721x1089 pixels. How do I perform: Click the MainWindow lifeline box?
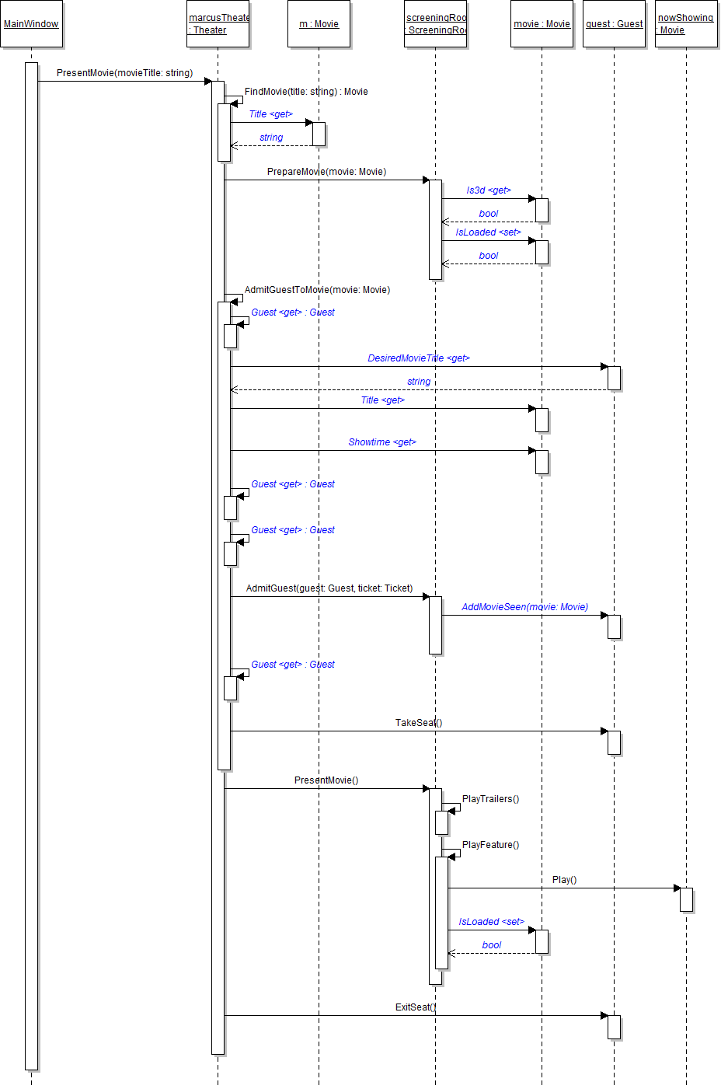coord(31,24)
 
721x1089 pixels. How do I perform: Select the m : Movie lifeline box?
coord(319,24)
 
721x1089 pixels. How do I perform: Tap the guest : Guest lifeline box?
coord(614,24)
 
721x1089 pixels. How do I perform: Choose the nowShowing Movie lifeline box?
coord(686,24)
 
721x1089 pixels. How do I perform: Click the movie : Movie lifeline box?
coord(542,24)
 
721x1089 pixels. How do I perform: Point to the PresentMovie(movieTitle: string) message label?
coord(124,73)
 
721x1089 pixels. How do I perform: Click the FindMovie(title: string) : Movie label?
coord(306,92)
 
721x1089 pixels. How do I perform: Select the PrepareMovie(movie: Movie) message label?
coord(326,172)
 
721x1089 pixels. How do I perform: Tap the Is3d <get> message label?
coord(489,190)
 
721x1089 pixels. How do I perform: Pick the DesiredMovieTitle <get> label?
coord(419,358)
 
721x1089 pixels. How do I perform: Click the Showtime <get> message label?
coord(382,442)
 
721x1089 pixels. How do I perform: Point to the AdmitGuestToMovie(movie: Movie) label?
coord(317,290)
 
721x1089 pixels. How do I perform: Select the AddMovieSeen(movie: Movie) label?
coord(524,607)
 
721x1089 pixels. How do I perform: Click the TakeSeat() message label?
coord(419,723)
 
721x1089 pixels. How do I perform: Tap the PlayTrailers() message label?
coord(490,799)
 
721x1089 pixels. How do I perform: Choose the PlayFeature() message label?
coord(490,845)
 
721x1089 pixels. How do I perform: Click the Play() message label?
coord(564,880)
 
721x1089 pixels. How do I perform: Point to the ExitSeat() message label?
coord(416,1007)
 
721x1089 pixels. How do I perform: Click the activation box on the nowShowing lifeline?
coord(686,899)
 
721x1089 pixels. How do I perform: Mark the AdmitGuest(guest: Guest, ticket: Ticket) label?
coord(329,588)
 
